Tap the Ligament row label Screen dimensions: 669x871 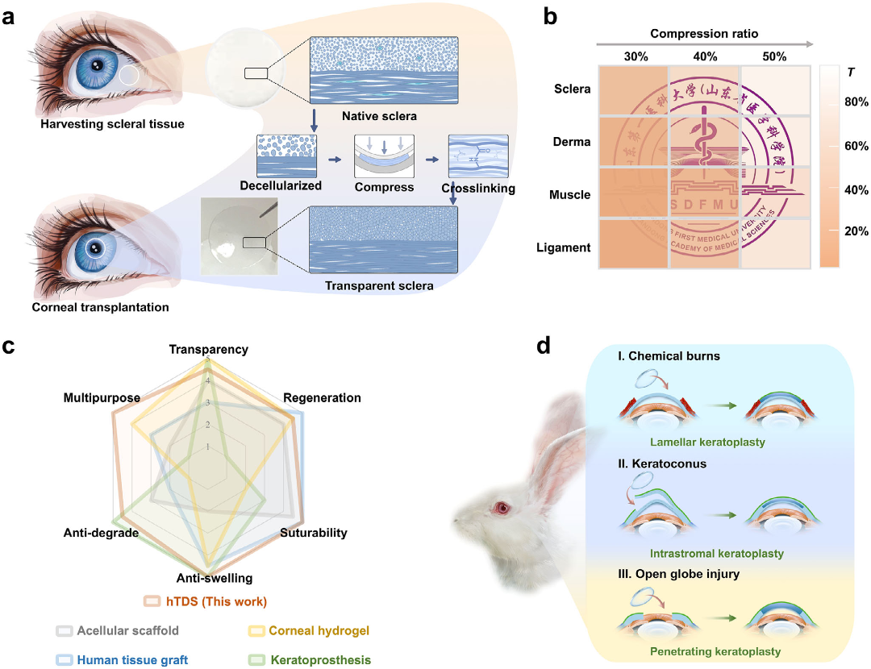(564, 247)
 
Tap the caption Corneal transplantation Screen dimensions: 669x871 (90, 306)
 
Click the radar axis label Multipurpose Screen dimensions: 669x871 (102, 398)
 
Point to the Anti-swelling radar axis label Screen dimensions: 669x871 (214, 578)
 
